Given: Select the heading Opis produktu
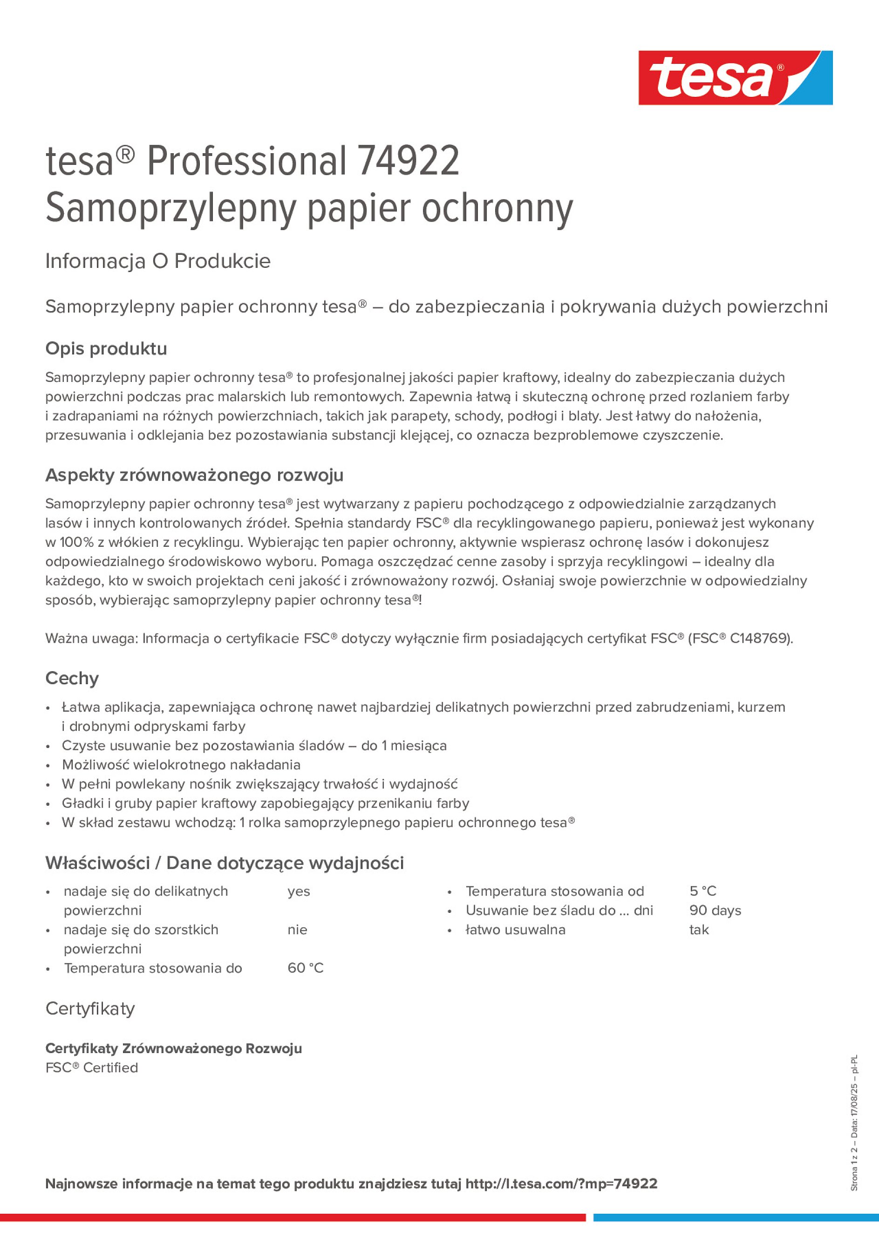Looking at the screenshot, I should click(x=106, y=348).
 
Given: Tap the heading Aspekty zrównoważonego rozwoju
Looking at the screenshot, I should click(x=194, y=475).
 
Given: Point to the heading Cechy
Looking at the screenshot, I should click(x=72, y=678).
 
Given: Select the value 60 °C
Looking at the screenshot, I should click(x=306, y=968).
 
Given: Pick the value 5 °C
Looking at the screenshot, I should click(x=703, y=891).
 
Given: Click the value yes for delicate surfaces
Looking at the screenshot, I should click(x=299, y=891).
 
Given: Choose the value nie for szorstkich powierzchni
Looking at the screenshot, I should click(x=298, y=930).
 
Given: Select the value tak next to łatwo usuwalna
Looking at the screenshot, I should click(x=699, y=930).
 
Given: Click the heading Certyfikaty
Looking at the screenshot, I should click(x=90, y=1008).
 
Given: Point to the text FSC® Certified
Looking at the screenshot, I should click(x=92, y=1067).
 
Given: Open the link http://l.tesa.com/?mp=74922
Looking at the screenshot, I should click(x=561, y=1183).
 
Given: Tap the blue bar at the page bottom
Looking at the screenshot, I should click(x=736, y=1217).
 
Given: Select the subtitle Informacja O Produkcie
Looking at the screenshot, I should click(x=158, y=261).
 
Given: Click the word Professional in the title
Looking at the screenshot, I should click(x=246, y=161).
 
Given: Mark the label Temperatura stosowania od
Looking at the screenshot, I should click(x=554, y=891).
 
